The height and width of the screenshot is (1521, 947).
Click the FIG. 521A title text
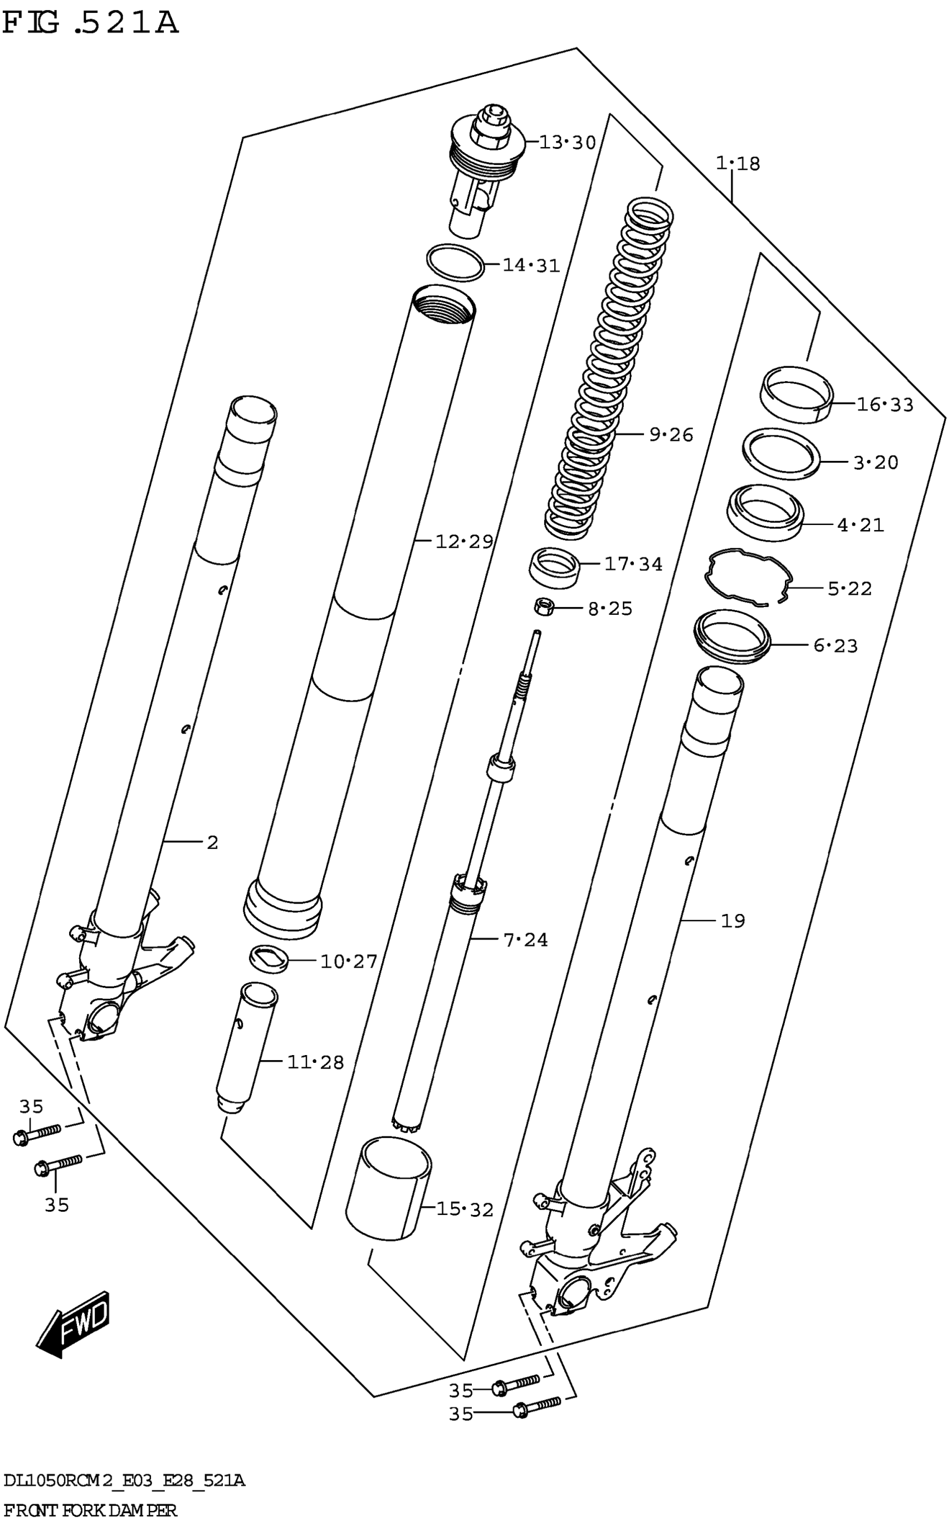[90, 24]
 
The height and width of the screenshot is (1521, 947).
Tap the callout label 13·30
[567, 143]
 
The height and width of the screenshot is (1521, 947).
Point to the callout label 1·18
[737, 163]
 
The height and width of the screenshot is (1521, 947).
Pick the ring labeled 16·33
[796, 395]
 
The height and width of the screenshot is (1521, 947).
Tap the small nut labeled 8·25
[543, 606]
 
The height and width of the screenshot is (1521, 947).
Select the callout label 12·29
[463, 541]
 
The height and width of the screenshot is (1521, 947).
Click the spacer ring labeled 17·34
[554, 567]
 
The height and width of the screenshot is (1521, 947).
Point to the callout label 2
[212, 843]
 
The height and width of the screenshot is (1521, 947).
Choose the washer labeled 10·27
[269, 959]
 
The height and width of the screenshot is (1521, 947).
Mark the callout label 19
[732, 921]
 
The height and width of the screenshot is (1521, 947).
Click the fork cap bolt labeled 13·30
[485, 169]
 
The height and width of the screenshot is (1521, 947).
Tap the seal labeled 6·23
[731, 636]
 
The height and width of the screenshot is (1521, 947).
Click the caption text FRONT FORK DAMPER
[90, 1510]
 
